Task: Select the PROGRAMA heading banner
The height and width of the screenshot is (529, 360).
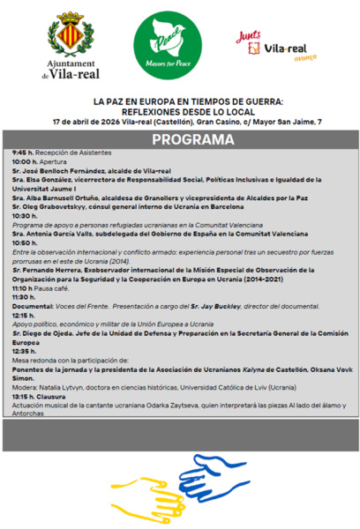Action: [x=179, y=140]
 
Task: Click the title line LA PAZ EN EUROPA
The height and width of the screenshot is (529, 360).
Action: [x=179, y=101]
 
